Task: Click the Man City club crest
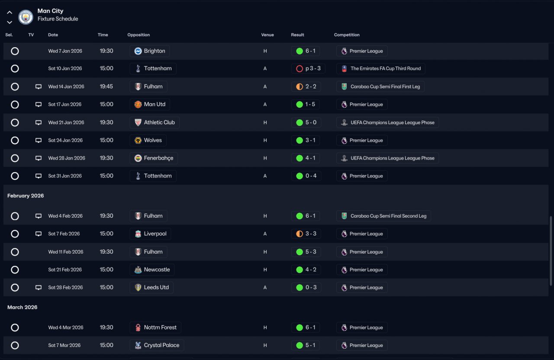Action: click(26, 17)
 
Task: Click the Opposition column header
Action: click(138, 35)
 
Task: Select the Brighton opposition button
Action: click(149, 51)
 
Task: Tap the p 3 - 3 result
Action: click(308, 68)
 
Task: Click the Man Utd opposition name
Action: click(155, 104)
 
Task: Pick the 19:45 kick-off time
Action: click(106, 87)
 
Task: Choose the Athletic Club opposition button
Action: click(155, 122)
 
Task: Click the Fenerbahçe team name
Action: click(158, 158)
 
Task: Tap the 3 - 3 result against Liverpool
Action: click(306, 234)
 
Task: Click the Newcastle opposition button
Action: click(152, 270)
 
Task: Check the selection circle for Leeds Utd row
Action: click(15, 287)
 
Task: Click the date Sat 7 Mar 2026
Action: click(64, 345)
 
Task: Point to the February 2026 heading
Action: click(26, 196)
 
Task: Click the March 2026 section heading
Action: click(22, 307)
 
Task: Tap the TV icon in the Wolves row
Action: click(39, 140)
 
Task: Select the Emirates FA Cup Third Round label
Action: click(381, 68)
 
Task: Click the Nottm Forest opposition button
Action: click(155, 328)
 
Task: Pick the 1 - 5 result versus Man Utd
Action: click(306, 104)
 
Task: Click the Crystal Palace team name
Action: click(162, 345)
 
